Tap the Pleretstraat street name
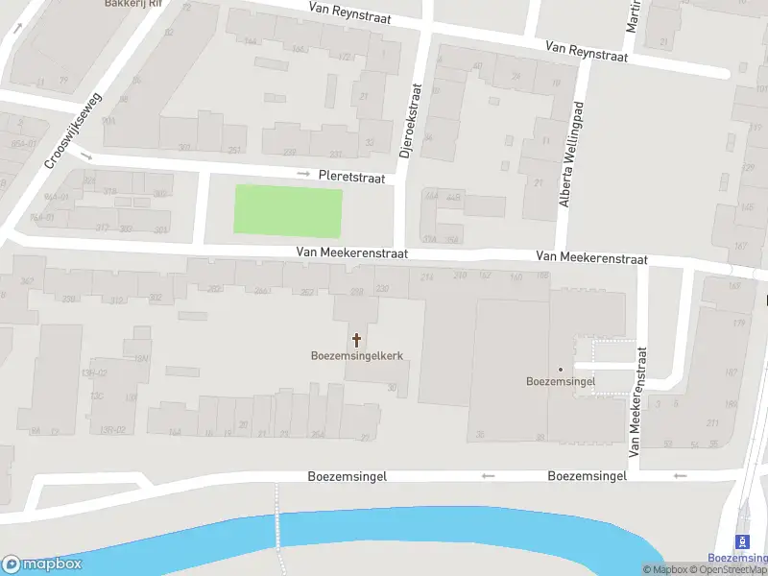[x=352, y=178]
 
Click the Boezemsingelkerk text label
[x=356, y=355]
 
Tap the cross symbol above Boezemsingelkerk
[x=357, y=339]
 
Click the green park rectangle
[x=288, y=211]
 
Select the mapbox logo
[x=42, y=564]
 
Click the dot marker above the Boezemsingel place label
[x=561, y=369]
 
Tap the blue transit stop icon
[x=741, y=541]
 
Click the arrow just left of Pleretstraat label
[x=303, y=174]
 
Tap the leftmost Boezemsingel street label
[x=347, y=476]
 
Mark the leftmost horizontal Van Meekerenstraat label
[x=352, y=253]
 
